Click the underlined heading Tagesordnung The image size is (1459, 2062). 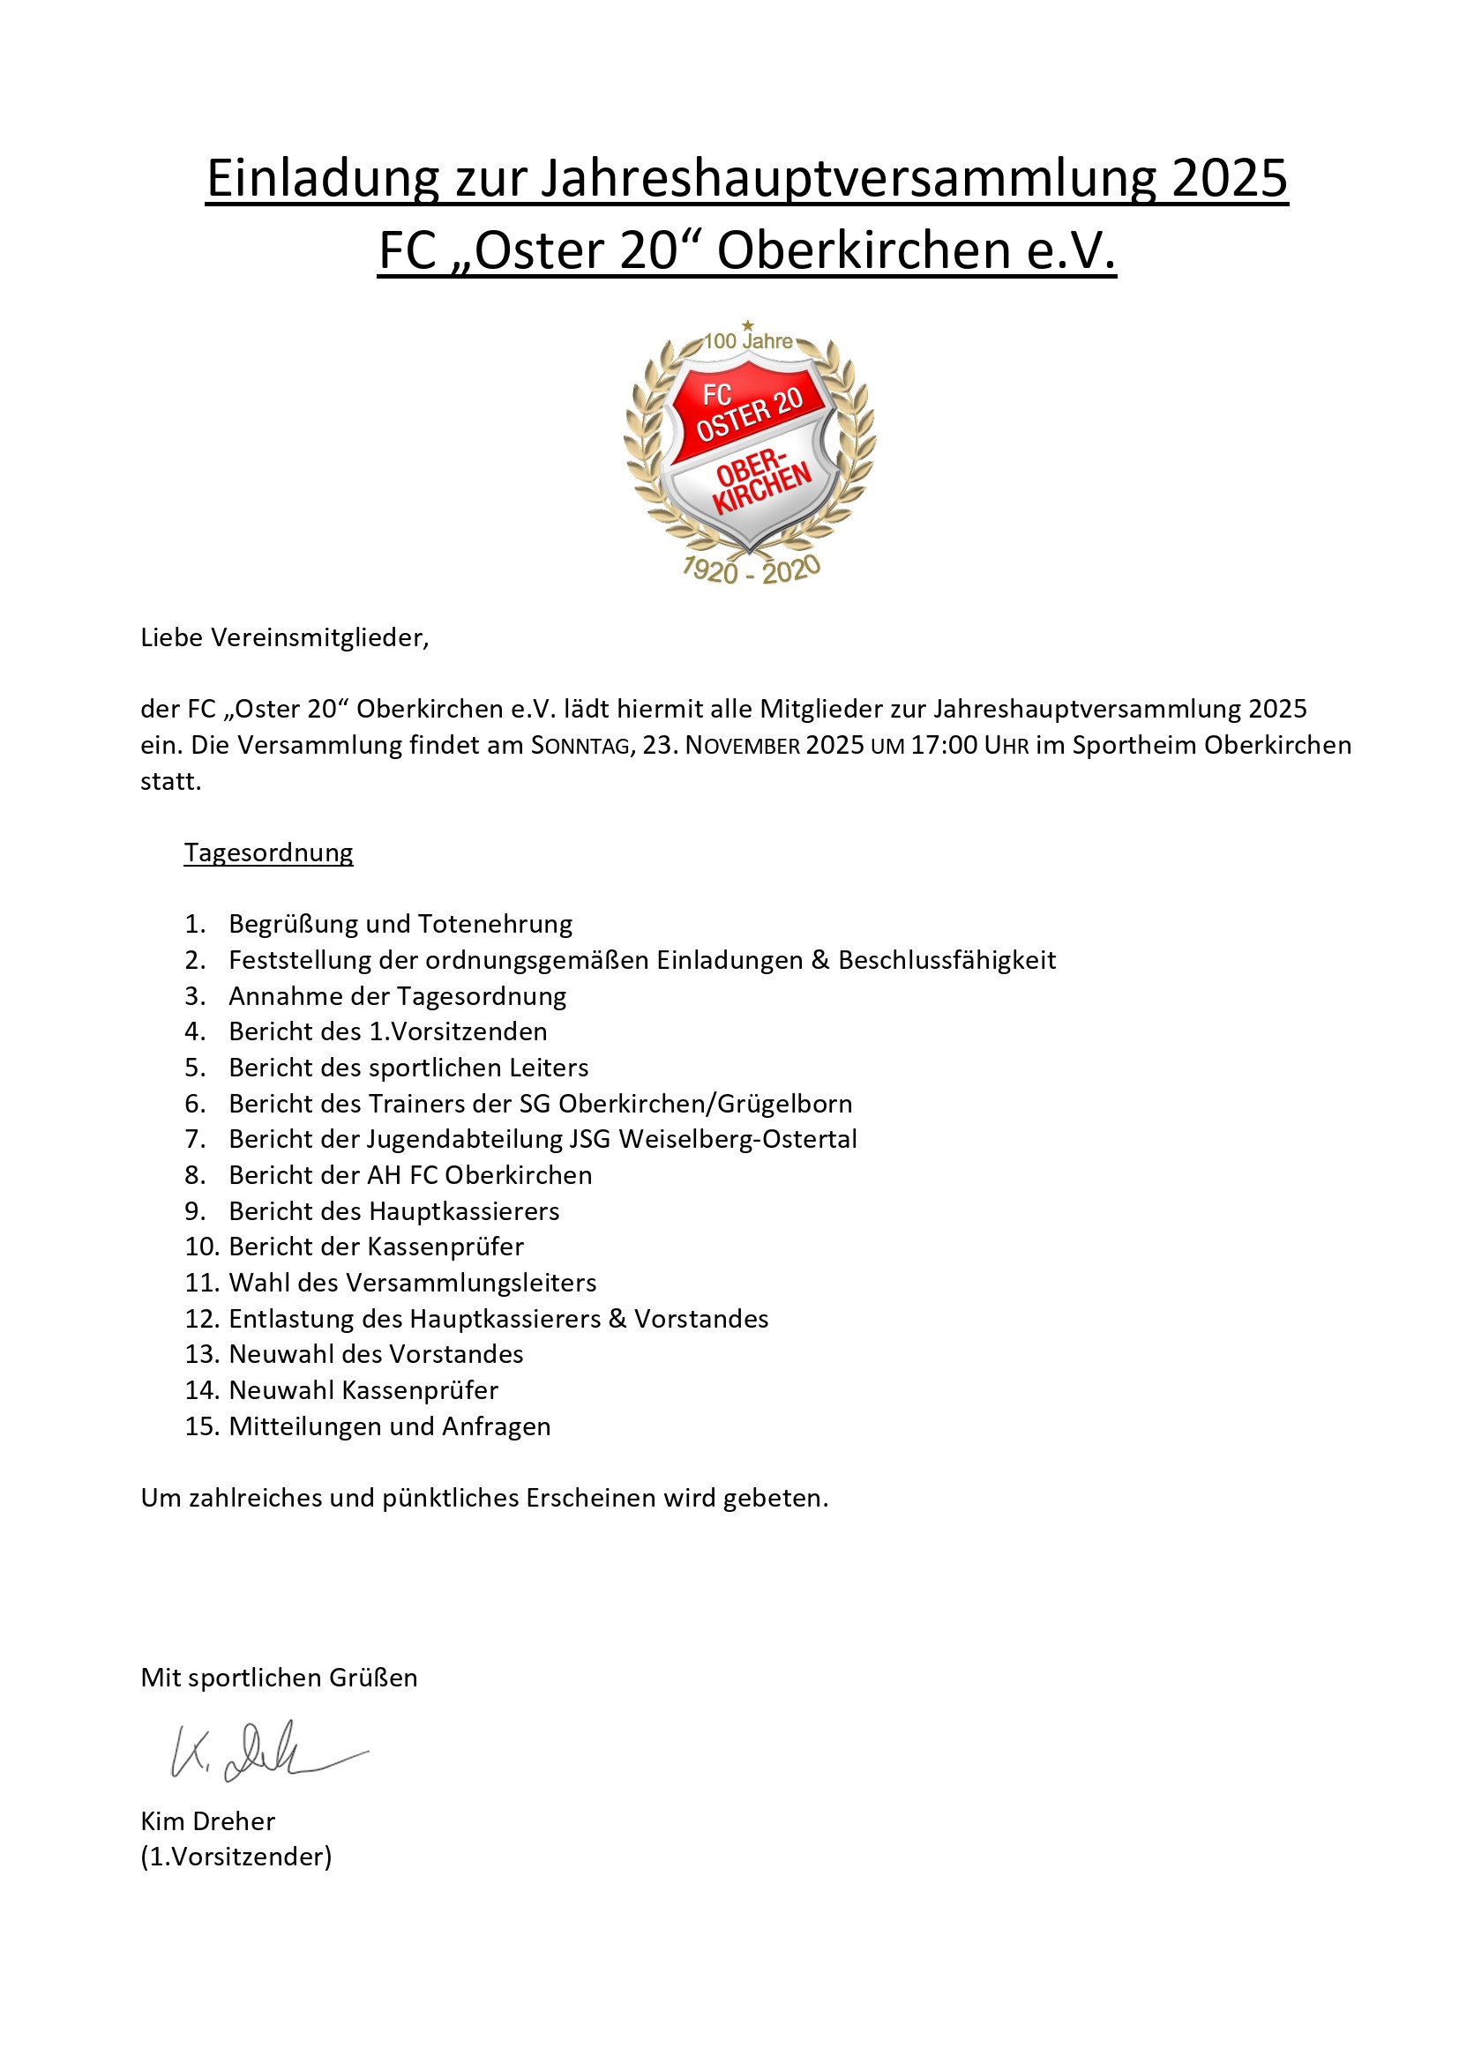click(x=269, y=852)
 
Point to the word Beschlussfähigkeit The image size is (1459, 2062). click(x=946, y=960)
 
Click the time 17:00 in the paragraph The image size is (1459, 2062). click(x=943, y=746)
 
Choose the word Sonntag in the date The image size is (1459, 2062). click(x=580, y=746)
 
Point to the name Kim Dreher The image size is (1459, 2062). click(x=207, y=1821)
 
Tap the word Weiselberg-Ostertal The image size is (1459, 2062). click(x=737, y=1139)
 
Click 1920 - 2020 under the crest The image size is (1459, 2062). click(x=751, y=570)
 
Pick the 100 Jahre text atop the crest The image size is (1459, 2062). click(x=747, y=341)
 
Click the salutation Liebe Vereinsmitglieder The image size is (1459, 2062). click(x=285, y=637)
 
